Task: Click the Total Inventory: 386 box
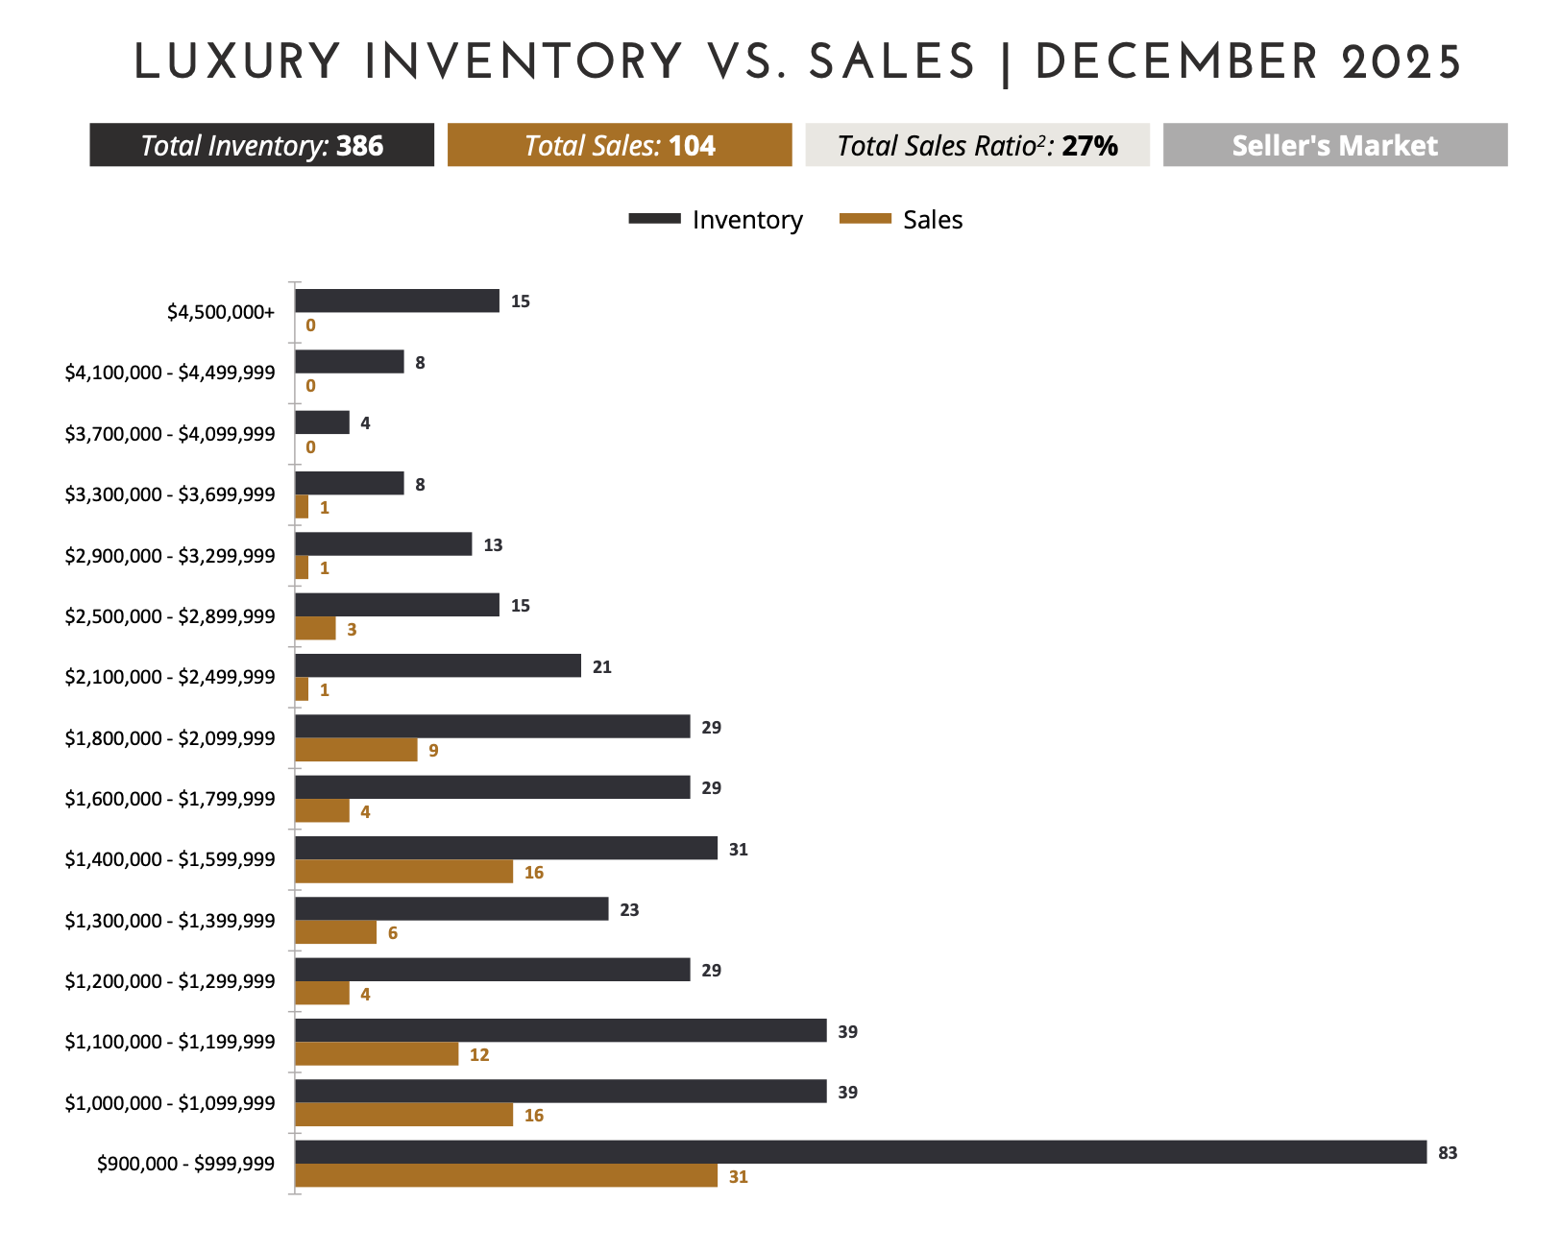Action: pos(261,145)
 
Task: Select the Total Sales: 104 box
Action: pos(620,145)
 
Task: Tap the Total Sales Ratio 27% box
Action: pos(977,145)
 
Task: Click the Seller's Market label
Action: pos(1334,145)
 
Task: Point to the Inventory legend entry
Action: pos(716,220)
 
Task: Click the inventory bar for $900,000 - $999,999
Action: pos(860,1152)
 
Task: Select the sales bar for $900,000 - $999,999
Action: pos(505,1175)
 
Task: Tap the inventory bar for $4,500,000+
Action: pos(397,301)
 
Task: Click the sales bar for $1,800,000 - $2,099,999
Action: pos(355,750)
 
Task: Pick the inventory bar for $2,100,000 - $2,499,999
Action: pos(437,665)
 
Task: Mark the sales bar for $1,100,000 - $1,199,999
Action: pos(376,1054)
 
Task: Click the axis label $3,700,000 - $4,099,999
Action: pos(170,434)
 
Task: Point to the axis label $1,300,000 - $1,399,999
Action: pos(170,921)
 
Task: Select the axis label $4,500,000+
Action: pos(221,312)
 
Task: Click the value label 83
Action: pos(1448,1153)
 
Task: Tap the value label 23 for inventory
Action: pos(629,909)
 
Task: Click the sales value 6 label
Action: pos(393,933)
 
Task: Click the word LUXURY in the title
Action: pos(236,62)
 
